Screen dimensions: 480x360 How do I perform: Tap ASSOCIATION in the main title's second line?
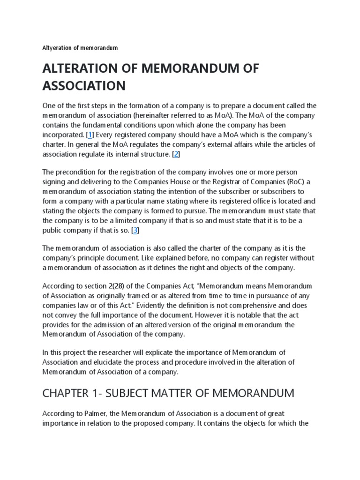84,86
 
